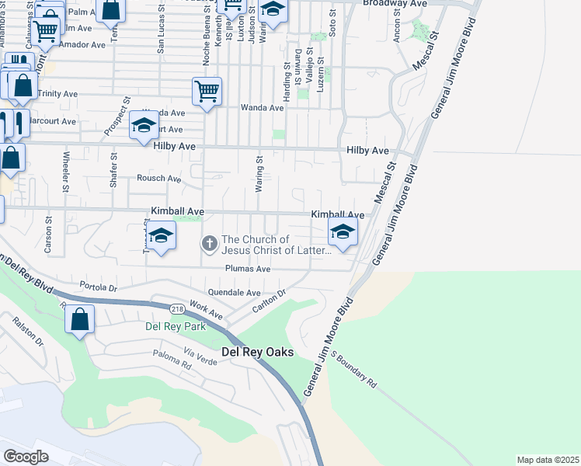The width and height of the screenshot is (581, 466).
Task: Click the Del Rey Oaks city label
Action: [258, 352]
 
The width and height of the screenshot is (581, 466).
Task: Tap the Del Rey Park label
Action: [176, 326]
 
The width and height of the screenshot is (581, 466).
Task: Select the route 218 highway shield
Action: [178, 309]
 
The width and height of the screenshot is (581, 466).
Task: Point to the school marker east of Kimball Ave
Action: [343, 231]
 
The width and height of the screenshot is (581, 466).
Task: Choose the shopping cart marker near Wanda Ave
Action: [207, 92]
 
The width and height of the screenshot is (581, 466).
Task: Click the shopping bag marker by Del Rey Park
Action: [80, 319]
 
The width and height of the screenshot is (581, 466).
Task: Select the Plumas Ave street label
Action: [247, 269]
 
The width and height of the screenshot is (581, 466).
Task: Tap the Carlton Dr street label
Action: [270, 302]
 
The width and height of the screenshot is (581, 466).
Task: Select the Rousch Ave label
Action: [158, 178]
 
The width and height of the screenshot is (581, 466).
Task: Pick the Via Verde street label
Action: [200, 358]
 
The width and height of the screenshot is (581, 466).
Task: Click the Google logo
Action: [26, 457]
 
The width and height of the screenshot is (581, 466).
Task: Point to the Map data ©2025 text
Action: [548, 460]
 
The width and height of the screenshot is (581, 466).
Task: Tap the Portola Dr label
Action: [97, 287]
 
